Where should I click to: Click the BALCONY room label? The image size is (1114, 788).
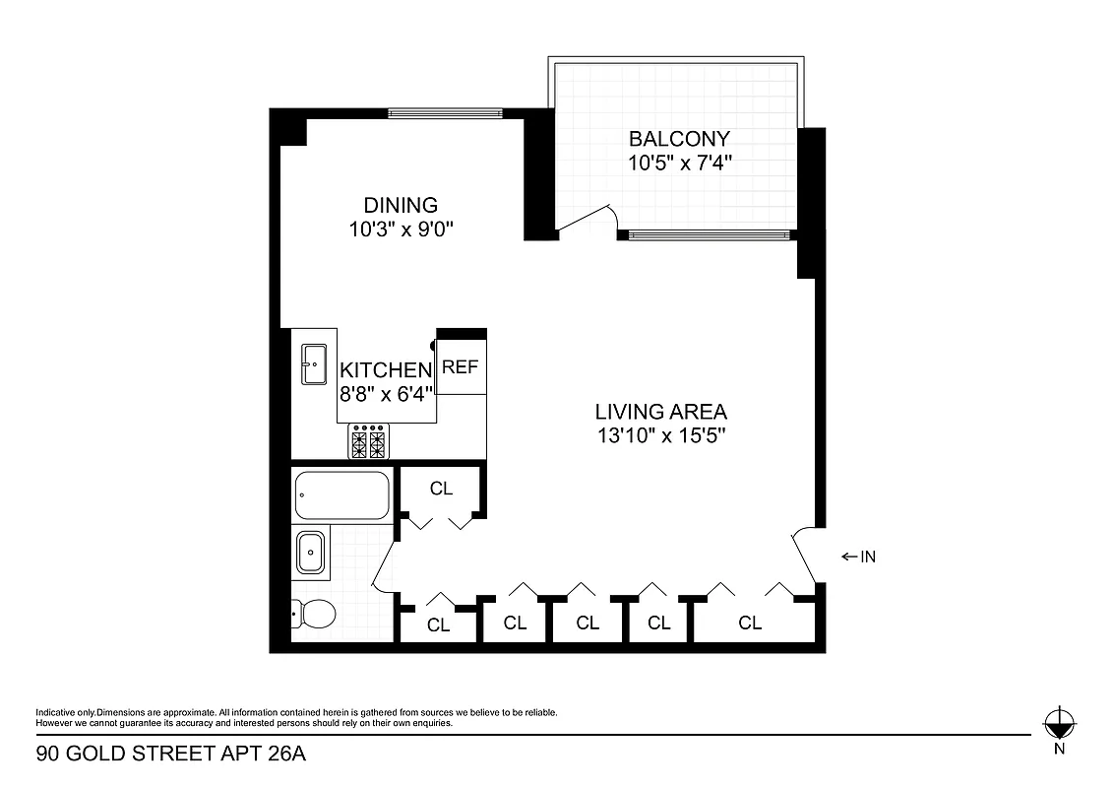coord(679,139)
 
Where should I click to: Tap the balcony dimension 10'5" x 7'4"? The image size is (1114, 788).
coord(679,163)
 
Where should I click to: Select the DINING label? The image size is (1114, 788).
coord(401,206)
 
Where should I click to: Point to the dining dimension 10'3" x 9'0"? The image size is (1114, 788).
coord(401,229)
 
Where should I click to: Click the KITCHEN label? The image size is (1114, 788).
coord(386,370)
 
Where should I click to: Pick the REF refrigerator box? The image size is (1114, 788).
coord(461,367)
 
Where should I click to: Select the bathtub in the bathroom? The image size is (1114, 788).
coord(341,495)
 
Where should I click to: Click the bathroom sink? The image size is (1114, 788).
coord(311,553)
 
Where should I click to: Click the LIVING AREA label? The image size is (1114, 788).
coord(660,412)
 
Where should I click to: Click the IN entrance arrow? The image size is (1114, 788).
coord(858,558)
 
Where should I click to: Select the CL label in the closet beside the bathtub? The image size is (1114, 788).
coord(441,489)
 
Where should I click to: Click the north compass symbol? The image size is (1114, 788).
coord(1058,724)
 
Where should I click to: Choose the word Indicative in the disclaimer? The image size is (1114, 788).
coord(55,712)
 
